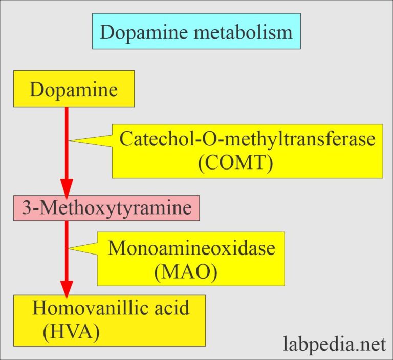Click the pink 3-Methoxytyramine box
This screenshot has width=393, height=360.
[106, 208]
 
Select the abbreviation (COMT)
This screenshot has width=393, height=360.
[235, 163]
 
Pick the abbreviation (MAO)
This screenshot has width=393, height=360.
[185, 271]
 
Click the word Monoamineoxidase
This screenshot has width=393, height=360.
[191, 248]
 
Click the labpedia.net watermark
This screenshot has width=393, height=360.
[334, 344]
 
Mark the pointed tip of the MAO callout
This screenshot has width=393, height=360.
[70, 249]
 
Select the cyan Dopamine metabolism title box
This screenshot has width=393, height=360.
[196, 32]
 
